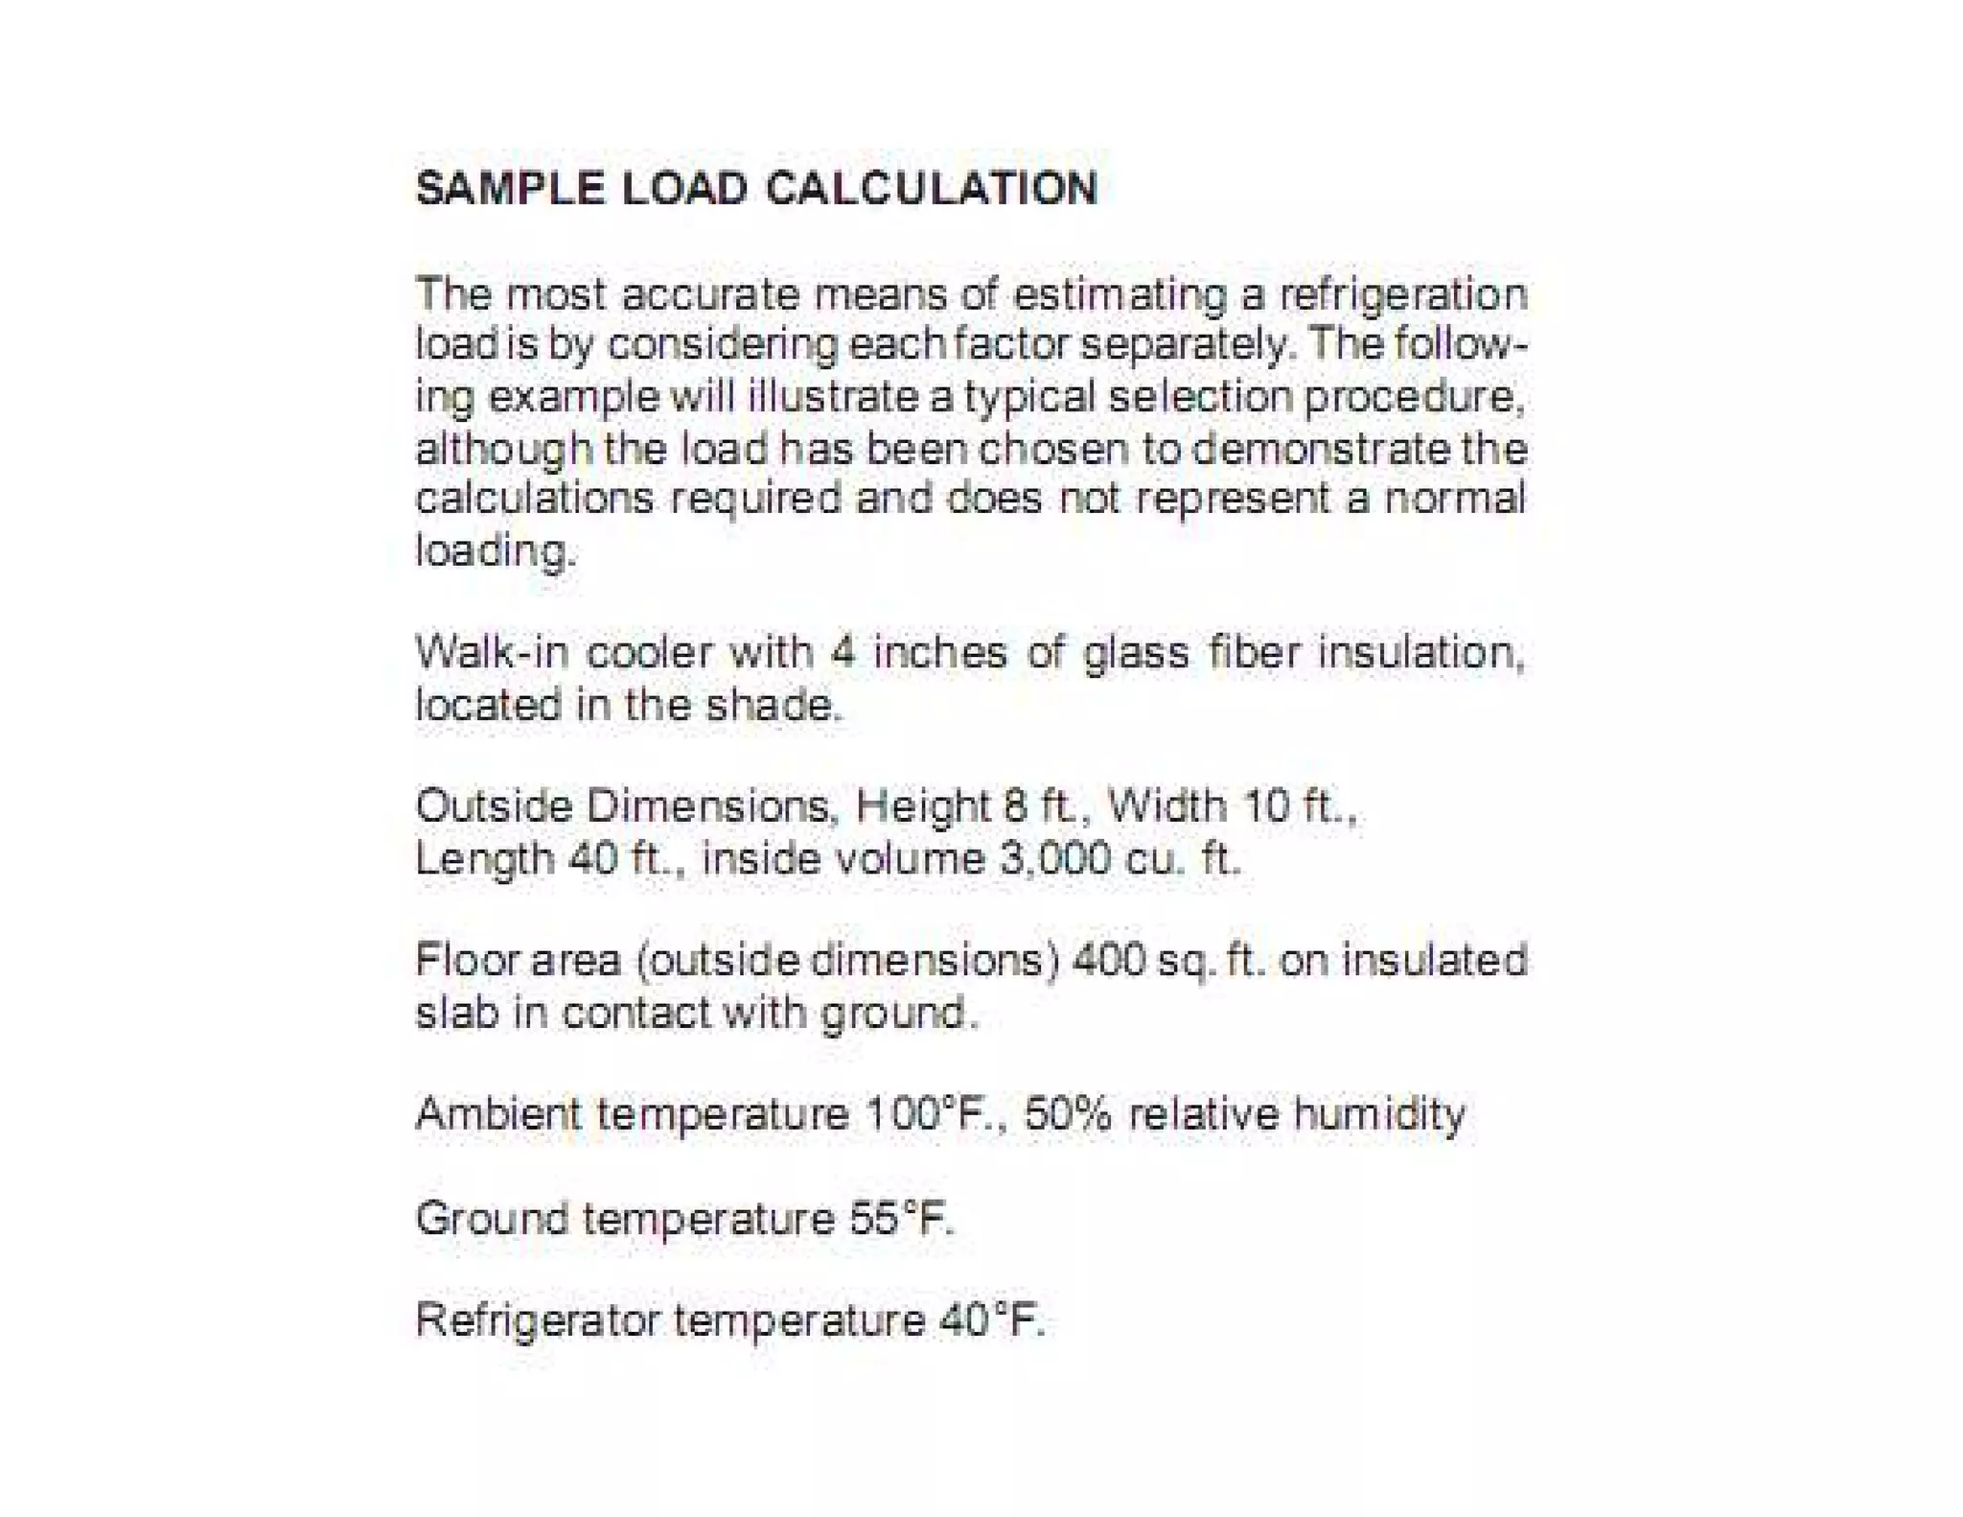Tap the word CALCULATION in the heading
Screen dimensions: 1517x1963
tap(931, 188)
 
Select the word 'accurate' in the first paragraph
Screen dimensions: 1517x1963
tap(710, 293)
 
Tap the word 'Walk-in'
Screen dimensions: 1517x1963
tap(491, 653)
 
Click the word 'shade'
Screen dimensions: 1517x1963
tap(773, 706)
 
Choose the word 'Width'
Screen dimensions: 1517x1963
tap(1166, 805)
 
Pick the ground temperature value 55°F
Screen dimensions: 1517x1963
tap(901, 1219)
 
